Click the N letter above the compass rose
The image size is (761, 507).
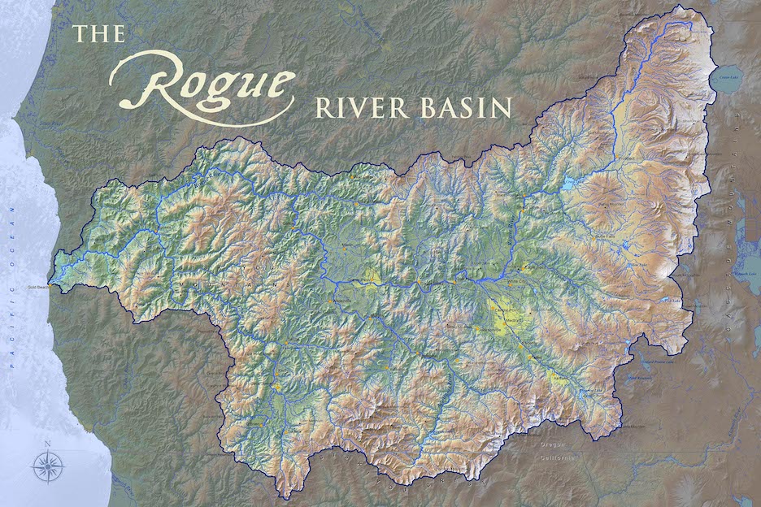[48, 443]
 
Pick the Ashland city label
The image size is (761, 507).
[559, 379]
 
